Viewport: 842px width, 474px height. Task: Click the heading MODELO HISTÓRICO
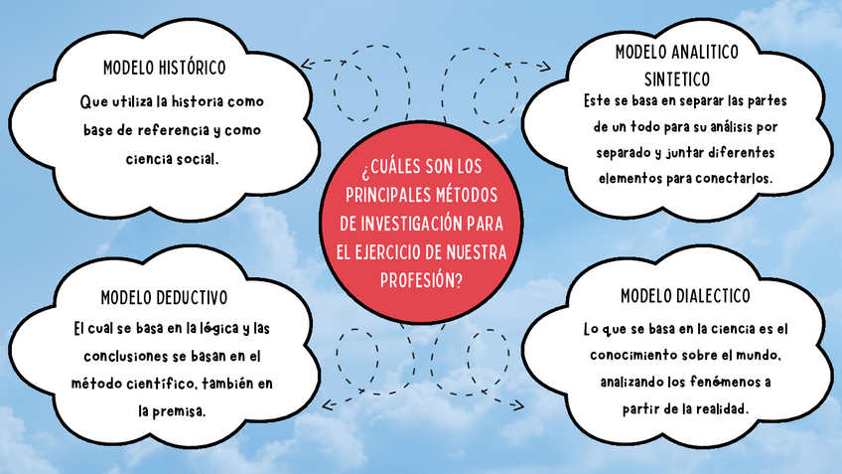(x=165, y=69)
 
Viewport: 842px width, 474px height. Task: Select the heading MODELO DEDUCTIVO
(x=165, y=297)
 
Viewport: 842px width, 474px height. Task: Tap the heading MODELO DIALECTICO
(x=684, y=296)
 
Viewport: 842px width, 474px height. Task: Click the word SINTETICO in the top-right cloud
(x=677, y=78)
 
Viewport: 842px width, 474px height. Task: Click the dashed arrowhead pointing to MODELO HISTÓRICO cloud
(x=307, y=64)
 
